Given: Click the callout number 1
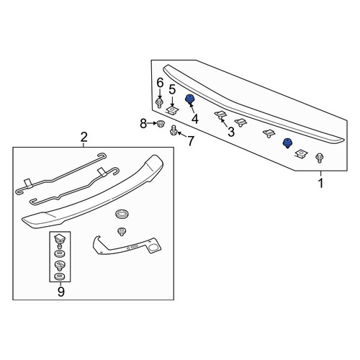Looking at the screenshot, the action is click(320, 183).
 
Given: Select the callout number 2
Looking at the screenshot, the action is click(84, 137).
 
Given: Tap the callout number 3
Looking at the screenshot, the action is click(231, 132).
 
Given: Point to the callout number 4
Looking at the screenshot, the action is click(195, 119).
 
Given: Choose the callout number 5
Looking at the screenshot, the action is click(172, 89).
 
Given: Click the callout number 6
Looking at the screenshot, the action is click(160, 83).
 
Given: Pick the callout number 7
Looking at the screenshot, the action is click(190, 141).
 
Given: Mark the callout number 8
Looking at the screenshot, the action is click(143, 124).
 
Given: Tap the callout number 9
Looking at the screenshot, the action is click(60, 292).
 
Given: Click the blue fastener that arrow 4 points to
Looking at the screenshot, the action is click(190, 99).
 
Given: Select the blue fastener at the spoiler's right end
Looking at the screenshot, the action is click(287, 143).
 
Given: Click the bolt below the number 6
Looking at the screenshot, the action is click(159, 103).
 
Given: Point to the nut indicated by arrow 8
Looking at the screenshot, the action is click(159, 124).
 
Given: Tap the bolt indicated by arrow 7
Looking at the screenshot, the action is click(173, 130).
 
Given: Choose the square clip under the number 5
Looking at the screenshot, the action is click(173, 111).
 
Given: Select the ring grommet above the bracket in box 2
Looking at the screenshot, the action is click(122, 214).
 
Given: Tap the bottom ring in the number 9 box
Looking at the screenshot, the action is click(60, 277).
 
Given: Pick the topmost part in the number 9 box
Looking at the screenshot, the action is click(59, 239).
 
